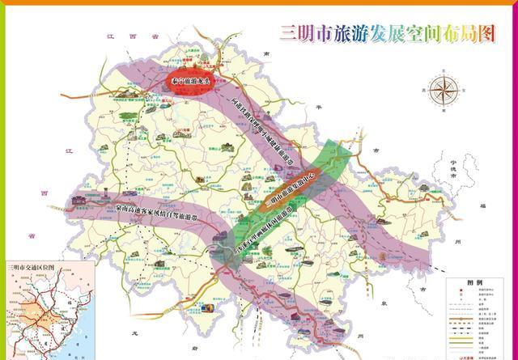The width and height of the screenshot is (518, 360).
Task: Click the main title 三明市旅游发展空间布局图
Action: coord(386,33)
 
